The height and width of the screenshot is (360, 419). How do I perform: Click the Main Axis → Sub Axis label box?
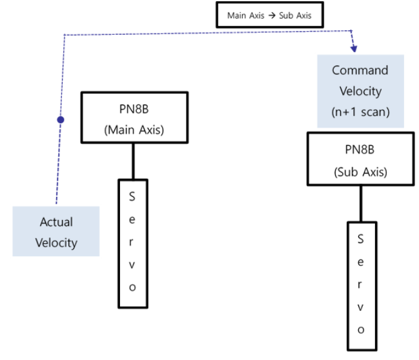point(269,15)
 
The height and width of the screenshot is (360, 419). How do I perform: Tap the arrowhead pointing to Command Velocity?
point(353,48)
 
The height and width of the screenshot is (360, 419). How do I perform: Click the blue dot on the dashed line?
point(60,120)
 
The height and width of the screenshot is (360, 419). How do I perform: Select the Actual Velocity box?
point(56,232)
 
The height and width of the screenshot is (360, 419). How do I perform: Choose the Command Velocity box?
point(360,91)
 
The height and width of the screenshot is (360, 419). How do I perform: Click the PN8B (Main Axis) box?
point(134,117)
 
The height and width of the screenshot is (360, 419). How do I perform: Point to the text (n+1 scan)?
point(360,112)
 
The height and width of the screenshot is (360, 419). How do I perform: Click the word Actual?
point(56,222)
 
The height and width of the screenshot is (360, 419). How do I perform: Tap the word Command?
point(360,70)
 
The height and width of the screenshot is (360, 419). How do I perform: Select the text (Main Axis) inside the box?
point(134,129)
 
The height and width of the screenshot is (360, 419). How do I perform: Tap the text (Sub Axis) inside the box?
point(360,172)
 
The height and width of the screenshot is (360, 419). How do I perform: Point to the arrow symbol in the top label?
point(272,15)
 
